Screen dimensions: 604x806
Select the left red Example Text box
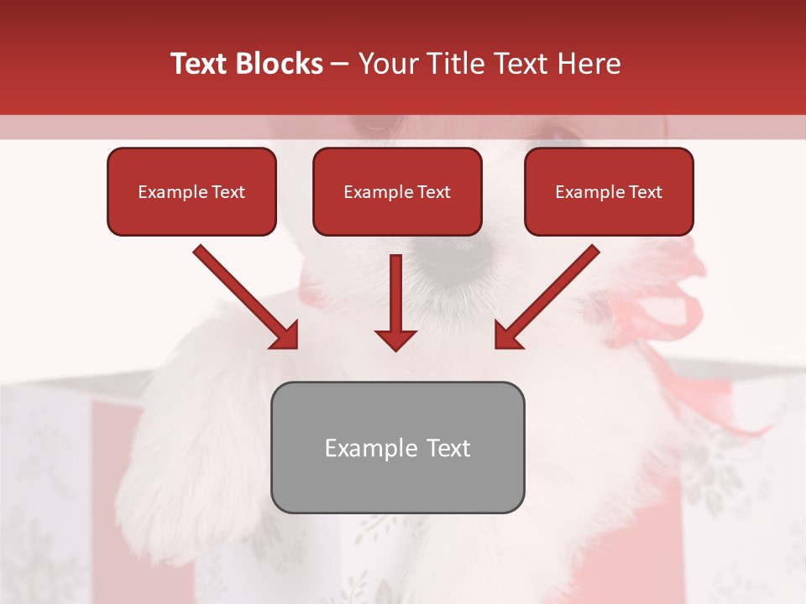click(191, 192)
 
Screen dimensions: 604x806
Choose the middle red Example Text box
click(397, 192)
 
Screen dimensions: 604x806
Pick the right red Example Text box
click(609, 192)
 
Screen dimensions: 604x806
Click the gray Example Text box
click(397, 448)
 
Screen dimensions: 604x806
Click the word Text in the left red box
click(228, 192)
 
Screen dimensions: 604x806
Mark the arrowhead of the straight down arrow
click(395, 339)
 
